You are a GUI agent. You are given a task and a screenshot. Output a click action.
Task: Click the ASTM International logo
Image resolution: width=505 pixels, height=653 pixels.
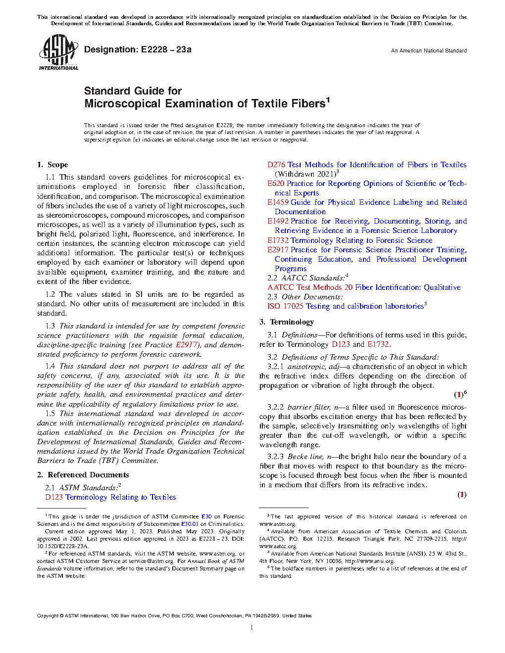tap(58, 52)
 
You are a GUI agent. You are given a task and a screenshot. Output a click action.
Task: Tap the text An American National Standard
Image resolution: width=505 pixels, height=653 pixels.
tap(428, 50)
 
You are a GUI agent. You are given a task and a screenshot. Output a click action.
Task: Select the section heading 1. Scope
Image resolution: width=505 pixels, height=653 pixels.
tap(52, 165)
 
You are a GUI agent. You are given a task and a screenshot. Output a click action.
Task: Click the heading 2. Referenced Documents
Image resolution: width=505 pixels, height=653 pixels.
tap(83, 475)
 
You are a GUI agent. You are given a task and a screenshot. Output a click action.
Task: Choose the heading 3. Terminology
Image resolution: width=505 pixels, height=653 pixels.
tap(287, 322)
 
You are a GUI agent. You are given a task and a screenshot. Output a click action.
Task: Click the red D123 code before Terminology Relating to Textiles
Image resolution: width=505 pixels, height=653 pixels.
tap(54, 497)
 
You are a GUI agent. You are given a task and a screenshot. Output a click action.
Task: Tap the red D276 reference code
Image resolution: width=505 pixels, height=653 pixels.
tap(276, 165)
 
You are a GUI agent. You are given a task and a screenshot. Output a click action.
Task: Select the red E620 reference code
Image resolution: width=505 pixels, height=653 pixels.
tap(276, 184)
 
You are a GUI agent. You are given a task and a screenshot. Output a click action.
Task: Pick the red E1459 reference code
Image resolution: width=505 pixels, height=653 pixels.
tap(278, 202)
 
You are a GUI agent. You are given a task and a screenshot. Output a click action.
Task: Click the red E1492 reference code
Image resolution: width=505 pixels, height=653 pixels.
tap(278, 221)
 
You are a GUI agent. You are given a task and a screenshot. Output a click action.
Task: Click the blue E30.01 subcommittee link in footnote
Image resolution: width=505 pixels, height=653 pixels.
tap(190, 524)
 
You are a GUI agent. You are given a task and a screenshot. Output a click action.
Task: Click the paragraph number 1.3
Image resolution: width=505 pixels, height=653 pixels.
tap(50, 326)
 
